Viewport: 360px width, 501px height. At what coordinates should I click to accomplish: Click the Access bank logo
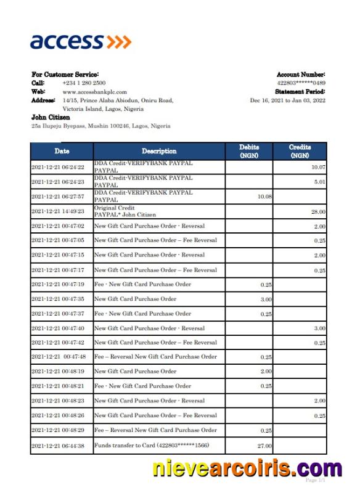point(81,41)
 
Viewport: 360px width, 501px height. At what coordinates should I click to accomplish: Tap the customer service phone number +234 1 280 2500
point(84,83)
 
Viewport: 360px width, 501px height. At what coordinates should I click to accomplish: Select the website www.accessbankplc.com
point(94,91)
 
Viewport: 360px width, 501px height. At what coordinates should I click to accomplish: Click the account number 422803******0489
point(301,83)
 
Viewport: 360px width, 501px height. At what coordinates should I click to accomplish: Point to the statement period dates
point(287,100)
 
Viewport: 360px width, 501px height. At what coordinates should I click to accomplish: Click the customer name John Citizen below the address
point(51,117)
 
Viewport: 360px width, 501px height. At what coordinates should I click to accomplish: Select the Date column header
point(62,151)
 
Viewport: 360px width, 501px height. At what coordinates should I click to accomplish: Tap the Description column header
point(159,151)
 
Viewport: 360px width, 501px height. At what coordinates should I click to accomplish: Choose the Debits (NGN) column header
point(250,151)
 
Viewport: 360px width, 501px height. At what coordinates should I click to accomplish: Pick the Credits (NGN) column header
point(300,151)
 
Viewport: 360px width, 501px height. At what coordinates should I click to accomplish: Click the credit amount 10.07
point(318,167)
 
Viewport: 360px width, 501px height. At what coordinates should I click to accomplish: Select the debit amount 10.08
point(264,197)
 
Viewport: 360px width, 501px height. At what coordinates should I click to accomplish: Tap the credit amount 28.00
point(318,211)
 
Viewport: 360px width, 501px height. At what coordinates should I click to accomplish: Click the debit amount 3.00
point(266,299)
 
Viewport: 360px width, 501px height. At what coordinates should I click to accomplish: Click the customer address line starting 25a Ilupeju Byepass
point(100,126)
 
